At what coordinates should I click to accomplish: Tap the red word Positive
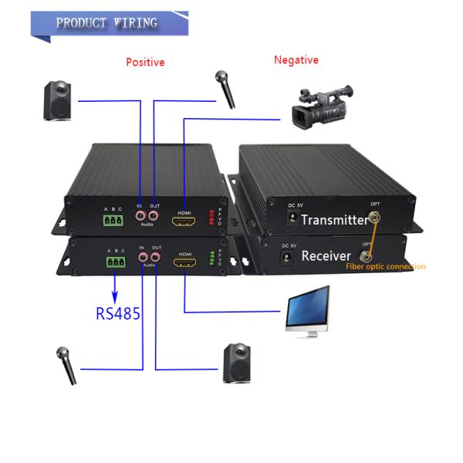(x=145, y=62)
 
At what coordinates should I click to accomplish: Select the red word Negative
(x=296, y=59)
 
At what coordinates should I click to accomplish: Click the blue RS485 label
(x=118, y=313)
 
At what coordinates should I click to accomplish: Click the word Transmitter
(x=334, y=220)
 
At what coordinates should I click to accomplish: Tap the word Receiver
(x=326, y=255)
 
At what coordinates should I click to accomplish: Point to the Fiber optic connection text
(x=385, y=267)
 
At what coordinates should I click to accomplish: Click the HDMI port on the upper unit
(x=184, y=222)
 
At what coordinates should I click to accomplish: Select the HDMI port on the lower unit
(x=185, y=265)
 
